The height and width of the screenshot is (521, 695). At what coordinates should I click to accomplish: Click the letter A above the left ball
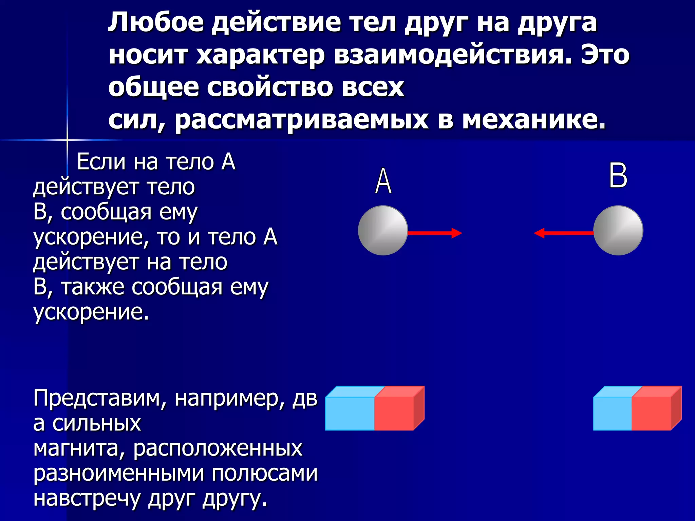[x=383, y=181]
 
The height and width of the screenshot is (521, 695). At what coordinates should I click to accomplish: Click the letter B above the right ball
[x=618, y=175]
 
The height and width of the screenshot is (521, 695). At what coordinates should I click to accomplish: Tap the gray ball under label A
[x=383, y=230]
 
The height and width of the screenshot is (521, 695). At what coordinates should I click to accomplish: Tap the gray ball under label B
[x=618, y=230]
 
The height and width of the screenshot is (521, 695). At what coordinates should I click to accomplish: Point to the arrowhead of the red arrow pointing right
[x=457, y=233]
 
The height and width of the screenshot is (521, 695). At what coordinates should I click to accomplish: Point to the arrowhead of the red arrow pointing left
[x=539, y=233]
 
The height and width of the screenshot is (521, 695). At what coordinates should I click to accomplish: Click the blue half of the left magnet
[x=350, y=413]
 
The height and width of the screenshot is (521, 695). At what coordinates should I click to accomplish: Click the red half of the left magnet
[x=394, y=413]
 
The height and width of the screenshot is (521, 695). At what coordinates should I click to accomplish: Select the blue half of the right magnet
[x=612, y=413]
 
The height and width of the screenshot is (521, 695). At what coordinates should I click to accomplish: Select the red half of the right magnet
[x=651, y=413]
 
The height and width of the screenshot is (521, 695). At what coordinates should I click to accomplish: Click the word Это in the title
[x=605, y=55]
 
